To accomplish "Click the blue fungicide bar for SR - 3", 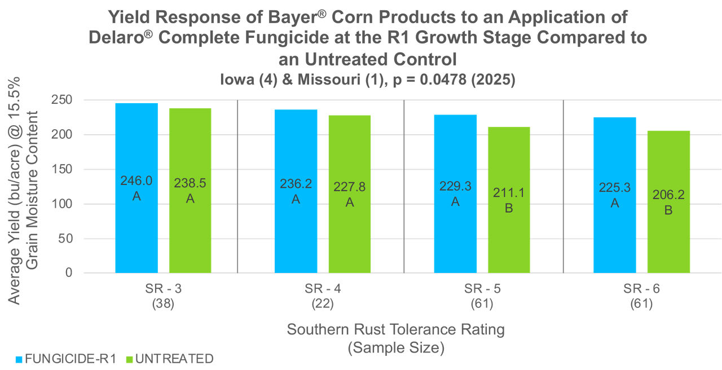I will [x=137, y=226].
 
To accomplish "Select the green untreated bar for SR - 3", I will [x=190, y=237].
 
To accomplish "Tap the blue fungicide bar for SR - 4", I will [x=296, y=237].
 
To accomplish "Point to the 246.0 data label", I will [x=137, y=181].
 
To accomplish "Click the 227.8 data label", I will [x=349, y=187].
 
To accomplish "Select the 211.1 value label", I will [x=509, y=193].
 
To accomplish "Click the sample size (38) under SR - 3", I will [x=163, y=304].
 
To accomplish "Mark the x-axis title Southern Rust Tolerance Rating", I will [x=395, y=329].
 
